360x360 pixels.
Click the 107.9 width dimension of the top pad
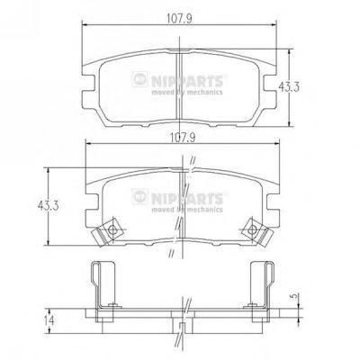click(179, 19)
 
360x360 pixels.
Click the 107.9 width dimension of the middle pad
click(183, 138)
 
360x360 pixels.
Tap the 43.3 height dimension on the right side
click(289, 87)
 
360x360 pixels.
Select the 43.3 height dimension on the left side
click(48, 206)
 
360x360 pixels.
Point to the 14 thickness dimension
click(48, 320)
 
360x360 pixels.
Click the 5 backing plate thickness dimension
click(295, 296)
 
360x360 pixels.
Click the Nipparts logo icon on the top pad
click(139, 79)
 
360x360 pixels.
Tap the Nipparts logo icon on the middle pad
click(139, 196)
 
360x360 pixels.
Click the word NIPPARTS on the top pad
click(187, 81)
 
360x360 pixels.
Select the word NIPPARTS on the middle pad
click(187, 198)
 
